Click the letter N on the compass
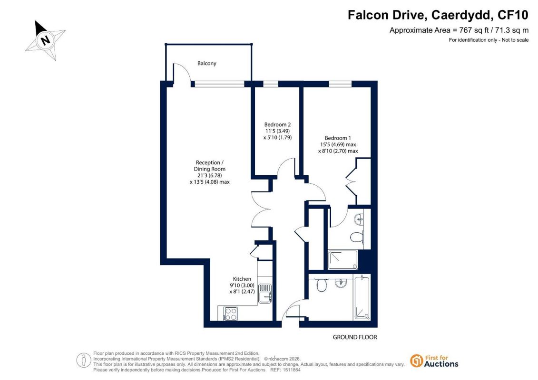point(45,40)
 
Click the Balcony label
point(206,63)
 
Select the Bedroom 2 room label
point(277,124)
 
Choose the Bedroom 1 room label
point(338,138)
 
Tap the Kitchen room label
point(242,279)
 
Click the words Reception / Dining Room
point(210,165)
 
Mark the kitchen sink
point(265,293)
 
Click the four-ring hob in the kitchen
point(230,313)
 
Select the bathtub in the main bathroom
point(362,297)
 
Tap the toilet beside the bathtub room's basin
point(322,285)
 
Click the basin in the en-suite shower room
point(359,219)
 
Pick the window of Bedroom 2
point(271,84)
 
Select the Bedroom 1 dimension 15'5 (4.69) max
point(338,144)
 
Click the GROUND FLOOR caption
point(355,337)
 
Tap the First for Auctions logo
point(434,361)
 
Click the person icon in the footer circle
point(84,360)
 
